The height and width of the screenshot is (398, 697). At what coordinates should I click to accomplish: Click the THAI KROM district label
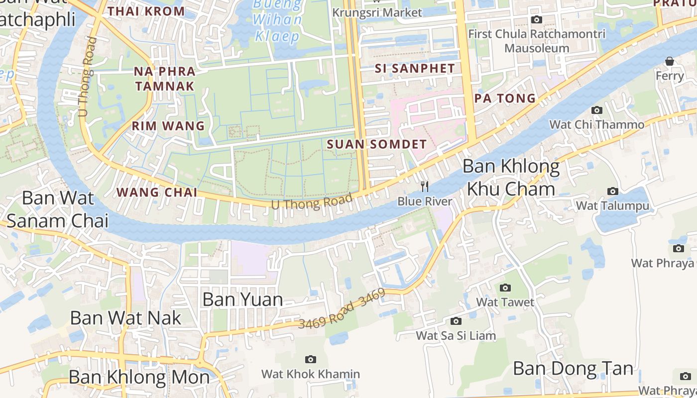(146, 11)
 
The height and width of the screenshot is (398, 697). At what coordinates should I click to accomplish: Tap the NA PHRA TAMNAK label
(164, 79)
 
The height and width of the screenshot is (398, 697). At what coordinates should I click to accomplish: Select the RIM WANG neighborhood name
(168, 126)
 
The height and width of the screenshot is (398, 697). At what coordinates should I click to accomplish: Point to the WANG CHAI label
(157, 192)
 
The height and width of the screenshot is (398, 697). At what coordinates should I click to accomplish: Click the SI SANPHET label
(415, 69)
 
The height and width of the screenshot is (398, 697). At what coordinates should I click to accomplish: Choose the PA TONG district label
(505, 98)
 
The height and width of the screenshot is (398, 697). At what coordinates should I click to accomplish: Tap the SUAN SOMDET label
(377, 144)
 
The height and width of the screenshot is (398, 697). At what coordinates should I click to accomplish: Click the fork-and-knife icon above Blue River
(425, 187)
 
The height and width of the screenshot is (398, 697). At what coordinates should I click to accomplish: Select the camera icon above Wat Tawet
(505, 288)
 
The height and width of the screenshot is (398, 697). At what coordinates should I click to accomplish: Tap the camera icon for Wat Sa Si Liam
(456, 321)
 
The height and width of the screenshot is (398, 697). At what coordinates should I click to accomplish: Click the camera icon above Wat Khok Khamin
(311, 359)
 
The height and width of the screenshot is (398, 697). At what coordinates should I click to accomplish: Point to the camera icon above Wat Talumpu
(613, 191)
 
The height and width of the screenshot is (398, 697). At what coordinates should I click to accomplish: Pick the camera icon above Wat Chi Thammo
(596, 110)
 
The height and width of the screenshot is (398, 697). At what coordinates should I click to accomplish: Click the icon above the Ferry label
(670, 61)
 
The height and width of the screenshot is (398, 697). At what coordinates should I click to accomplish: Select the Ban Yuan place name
(243, 299)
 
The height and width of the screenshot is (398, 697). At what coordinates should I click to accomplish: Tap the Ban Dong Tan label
(573, 369)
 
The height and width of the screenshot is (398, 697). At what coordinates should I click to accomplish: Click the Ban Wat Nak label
(125, 318)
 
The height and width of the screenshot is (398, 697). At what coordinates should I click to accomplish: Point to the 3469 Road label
(341, 309)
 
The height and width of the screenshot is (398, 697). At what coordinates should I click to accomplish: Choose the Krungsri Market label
(377, 12)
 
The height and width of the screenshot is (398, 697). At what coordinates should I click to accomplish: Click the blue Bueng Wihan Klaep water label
(277, 20)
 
